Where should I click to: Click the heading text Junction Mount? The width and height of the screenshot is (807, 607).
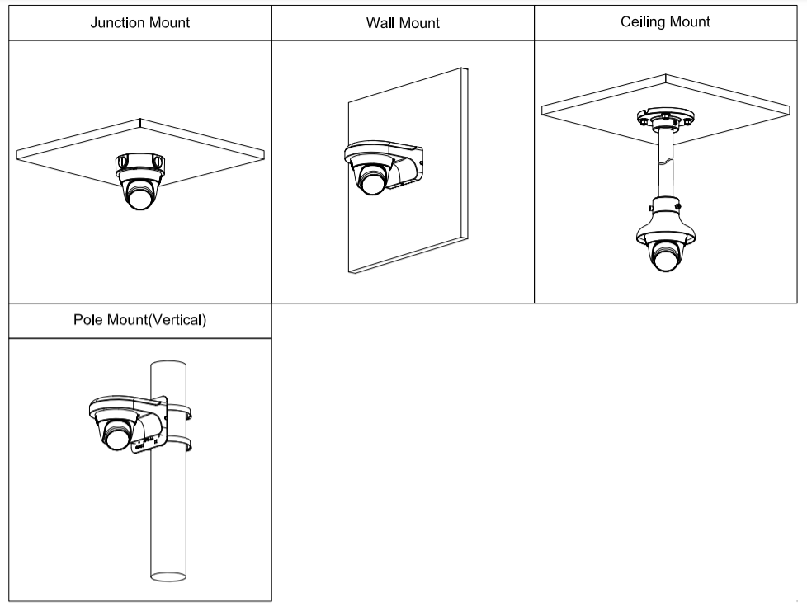pyautogui.click(x=139, y=22)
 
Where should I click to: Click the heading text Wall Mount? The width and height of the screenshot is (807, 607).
pyautogui.click(x=403, y=23)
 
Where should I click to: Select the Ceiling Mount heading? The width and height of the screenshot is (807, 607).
pyautogui.click(x=666, y=21)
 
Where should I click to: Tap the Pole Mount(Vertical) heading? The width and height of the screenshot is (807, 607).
pyautogui.click(x=139, y=320)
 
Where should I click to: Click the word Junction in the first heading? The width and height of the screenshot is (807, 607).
pyautogui.click(x=118, y=22)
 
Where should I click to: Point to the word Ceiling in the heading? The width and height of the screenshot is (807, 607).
pyautogui.click(x=643, y=21)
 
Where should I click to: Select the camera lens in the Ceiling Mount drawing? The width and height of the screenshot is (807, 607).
pyautogui.click(x=665, y=259)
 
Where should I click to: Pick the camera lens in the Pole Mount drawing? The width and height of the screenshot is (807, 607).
pyautogui.click(x=116, y=436)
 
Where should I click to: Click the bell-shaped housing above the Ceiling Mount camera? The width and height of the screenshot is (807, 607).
pyautogui.click(x=665, y=219)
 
